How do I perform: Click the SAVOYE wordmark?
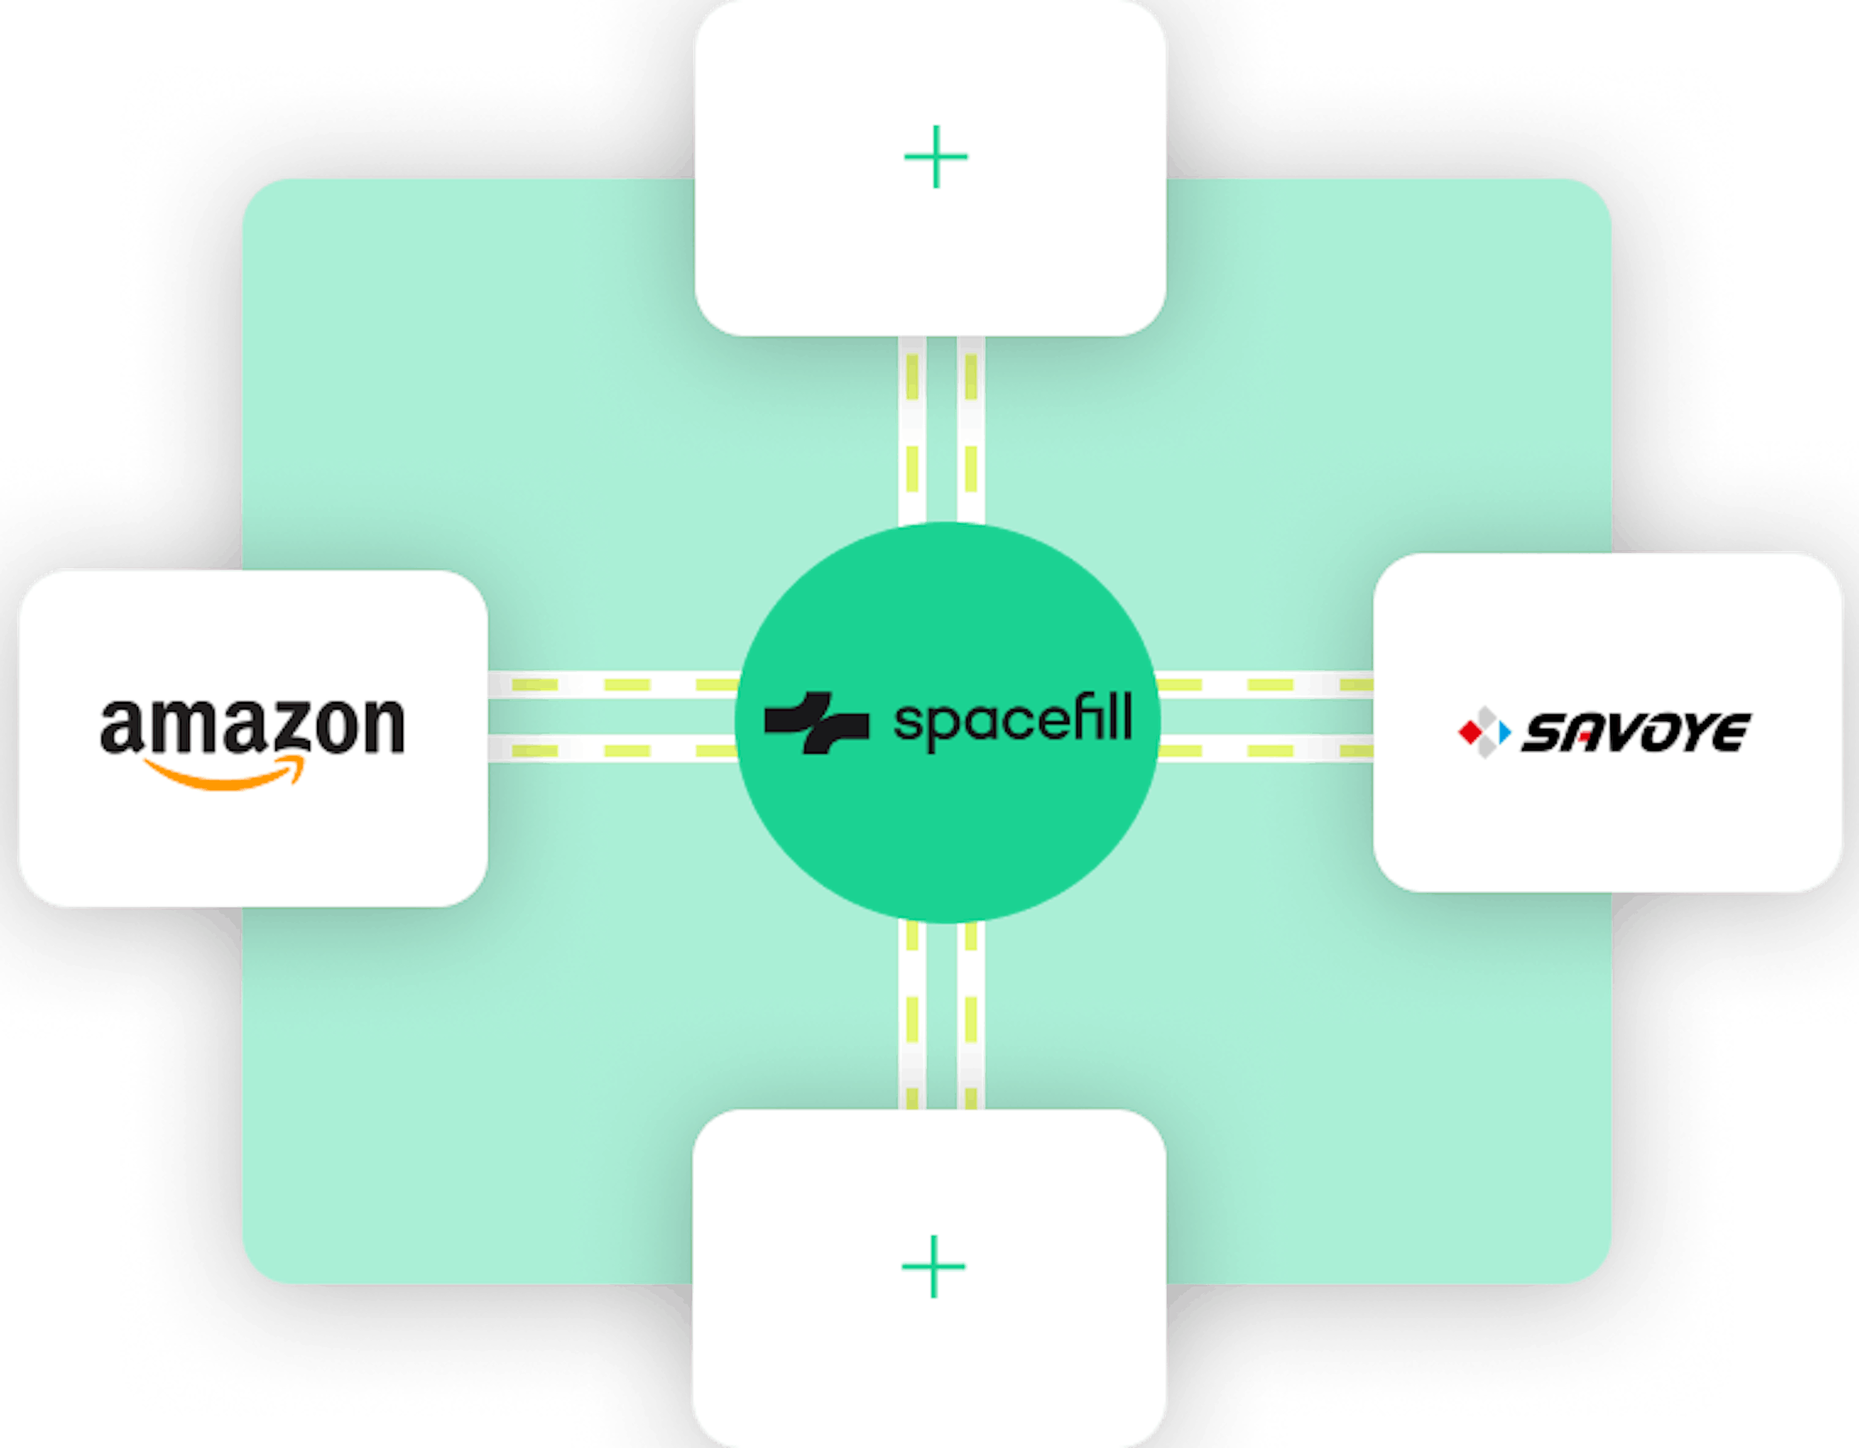[1636, 732]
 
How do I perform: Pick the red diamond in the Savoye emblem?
[1470, 731]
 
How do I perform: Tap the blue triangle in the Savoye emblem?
[1505, 732]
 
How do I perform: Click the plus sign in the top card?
[936, 157]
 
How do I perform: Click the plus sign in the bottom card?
[934, 1266]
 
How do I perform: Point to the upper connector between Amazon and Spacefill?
[613, 685]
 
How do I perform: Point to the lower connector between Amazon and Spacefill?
[613, 750]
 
